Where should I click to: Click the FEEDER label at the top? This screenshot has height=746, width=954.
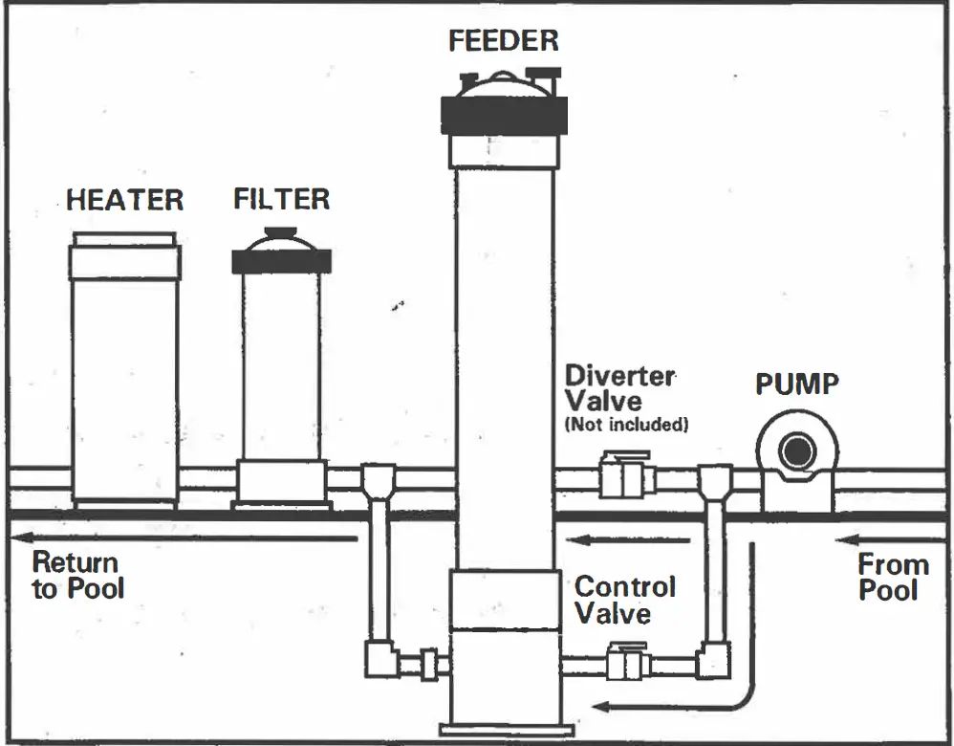[x=504, y=41]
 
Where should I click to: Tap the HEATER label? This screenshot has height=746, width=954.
[x=124, y=201]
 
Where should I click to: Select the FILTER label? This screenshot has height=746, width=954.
[x=282, y=199]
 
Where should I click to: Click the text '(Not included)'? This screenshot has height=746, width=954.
[x=627, y=425]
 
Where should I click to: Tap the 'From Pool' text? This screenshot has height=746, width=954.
[x=893, y=577]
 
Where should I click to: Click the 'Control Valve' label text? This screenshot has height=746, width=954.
[x=624, y=599]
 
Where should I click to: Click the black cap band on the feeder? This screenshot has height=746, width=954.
[x=504, y=115]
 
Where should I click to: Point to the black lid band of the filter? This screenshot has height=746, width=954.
[x=282, y=261]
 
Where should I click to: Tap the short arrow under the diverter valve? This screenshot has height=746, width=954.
[x=631, y=540]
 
